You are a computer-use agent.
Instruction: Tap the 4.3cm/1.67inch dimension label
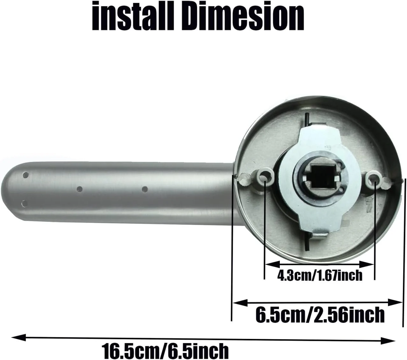(x=320, y=276)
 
